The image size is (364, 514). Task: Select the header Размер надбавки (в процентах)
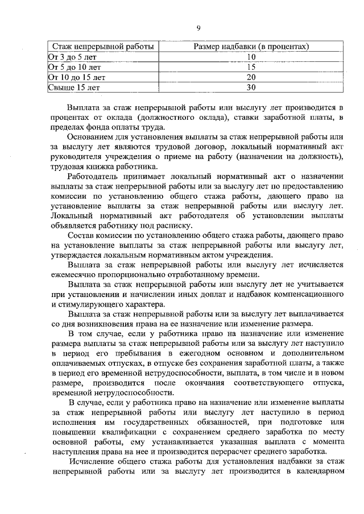pos(252,46)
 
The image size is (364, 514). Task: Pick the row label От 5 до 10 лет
pos(74,66)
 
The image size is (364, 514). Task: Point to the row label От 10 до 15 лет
pos(76,77)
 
